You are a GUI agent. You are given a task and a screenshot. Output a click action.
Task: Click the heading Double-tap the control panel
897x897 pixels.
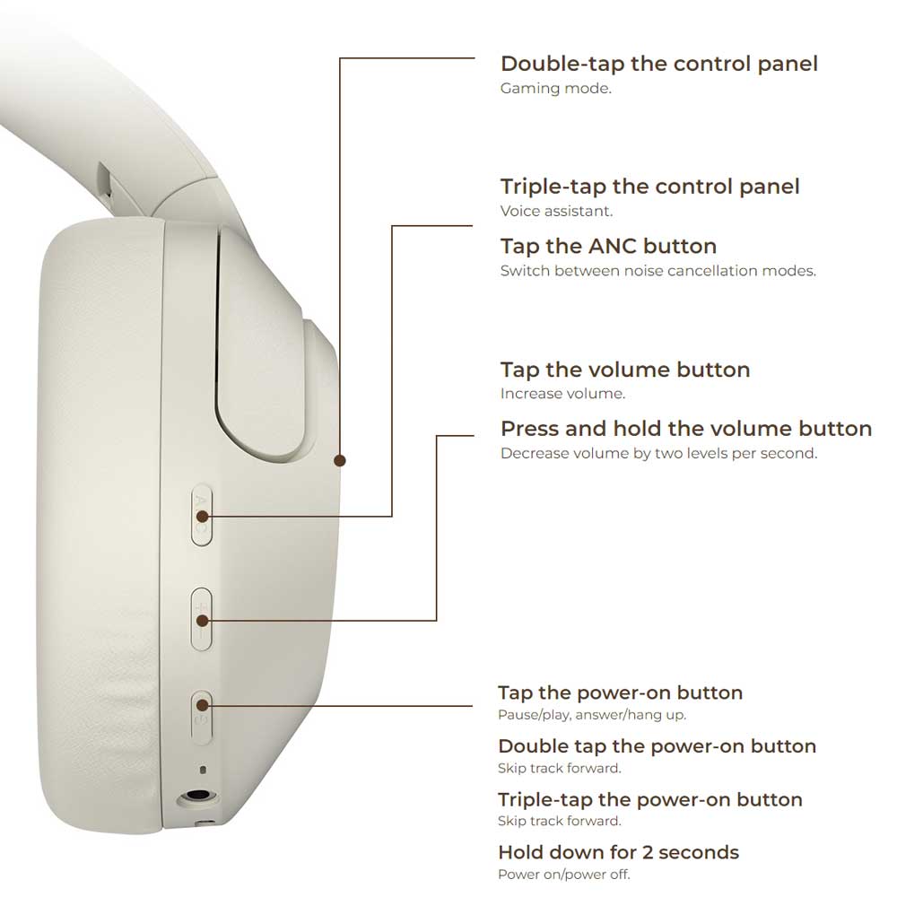pyautogui.click(x=659, y=64)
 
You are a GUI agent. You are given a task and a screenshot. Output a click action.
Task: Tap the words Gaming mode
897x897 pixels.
pyautogui.click(x=555, y=89)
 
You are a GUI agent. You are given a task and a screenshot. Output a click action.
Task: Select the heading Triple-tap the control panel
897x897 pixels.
pyautogui.click(x=649, y=187)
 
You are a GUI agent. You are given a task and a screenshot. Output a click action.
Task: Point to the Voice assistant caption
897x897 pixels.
pyautogui.click(x=556, y=211)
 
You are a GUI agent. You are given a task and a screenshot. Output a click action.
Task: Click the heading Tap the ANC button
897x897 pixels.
pyautogui.click(x=609, y=247)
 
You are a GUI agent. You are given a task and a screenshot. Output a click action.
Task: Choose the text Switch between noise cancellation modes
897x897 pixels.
pyautogui.click(x=658, y=271)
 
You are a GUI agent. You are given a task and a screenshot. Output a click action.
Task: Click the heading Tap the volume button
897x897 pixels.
pyautogui.click(x=625, y=370)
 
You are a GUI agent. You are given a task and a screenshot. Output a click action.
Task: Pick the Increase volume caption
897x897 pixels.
pyautogui.click(x=562, y=394)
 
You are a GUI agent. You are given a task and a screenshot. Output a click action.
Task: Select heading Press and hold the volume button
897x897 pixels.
pyautogui.click(x=686, y=429)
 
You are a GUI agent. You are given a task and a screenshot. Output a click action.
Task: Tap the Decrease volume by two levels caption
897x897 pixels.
pyautogui.click(x=659, y=454)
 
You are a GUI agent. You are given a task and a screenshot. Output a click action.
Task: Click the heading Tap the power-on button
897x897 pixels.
pyautogui.click(x=620, y=692)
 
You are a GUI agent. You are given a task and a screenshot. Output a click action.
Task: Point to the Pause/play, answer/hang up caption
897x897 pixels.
pyautogui.click(x=592, y=715)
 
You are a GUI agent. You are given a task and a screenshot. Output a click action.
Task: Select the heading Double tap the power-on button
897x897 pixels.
pyautogui.click(x=657, y=746)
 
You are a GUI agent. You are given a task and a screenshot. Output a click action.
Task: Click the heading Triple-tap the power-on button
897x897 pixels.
pyautogui.click(x=649, y=800)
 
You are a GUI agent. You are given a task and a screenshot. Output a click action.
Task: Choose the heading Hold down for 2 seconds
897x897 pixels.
pyautogui.click(x=618, y=852)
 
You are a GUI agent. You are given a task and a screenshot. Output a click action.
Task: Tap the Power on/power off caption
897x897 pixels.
pyautogui.click(x=564, y=875)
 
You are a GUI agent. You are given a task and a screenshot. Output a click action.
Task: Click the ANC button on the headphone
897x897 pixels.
pyautogui.click(x=201, y=516)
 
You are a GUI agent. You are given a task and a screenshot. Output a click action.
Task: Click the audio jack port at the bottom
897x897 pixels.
pyautogui.click(x=197, y=796)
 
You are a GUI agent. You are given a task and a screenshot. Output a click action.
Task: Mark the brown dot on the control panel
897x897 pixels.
pyautogui.click(x=340, y=460)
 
